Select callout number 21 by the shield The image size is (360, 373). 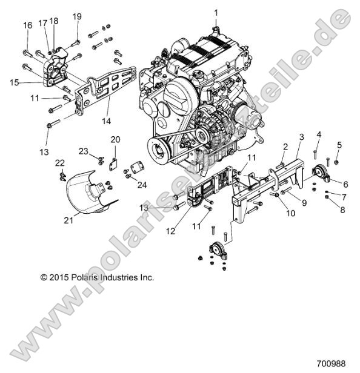click(68, 221)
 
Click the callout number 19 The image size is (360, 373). click(77, 16)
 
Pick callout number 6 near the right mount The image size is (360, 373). click(345, 184)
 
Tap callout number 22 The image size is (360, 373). click(59, 163)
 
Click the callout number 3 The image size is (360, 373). click(301, 138)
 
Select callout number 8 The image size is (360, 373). click(342, 210)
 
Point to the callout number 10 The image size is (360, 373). click(288, 213)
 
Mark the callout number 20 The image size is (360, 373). click(115, 140)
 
